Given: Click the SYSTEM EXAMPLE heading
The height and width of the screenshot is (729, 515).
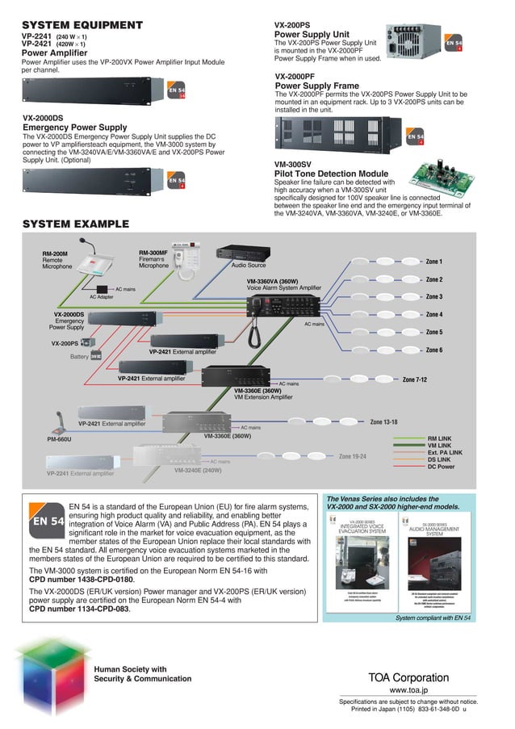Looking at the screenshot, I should (x=75, y=224).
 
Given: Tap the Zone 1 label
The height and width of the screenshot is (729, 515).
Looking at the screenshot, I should (x=433, y=262).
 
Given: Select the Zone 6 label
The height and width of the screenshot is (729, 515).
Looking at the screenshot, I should (x=433, y=350).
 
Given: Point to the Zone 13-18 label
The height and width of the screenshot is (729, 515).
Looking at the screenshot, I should (x=383, y=421).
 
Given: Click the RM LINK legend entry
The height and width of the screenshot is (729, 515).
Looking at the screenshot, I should (x=439, y=439).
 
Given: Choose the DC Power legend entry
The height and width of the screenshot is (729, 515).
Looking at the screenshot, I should (x=442, y=467).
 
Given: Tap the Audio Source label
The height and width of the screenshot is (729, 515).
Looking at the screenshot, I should (x=248, y=264).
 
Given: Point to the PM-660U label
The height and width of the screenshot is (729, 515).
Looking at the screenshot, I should (x=59, y=439).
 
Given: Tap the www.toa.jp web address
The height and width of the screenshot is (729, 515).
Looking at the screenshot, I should (x=408, y=691).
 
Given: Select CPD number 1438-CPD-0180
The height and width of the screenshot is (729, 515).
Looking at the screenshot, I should (x=82, y=579).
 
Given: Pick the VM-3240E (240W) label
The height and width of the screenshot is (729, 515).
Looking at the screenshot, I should (x=198, y=469).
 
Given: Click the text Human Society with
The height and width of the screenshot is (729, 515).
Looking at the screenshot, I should (x=130, y=668).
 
